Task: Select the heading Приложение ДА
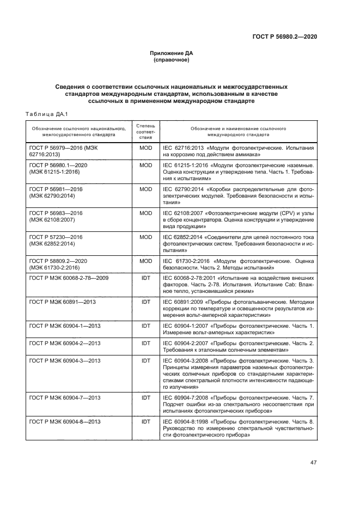[172, 53]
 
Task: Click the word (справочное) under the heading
[172, 60]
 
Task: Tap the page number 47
[313, 463]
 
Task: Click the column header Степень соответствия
[145, 131]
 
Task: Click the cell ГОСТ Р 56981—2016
[55, 189]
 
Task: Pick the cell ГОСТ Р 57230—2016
[55, 237]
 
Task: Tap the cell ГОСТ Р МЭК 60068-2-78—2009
[69, 278]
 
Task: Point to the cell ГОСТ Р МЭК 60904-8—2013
[65, 421]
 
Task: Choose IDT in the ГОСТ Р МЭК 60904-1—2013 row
[145, 326]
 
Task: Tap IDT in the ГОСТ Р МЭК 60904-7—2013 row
[145, 397]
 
